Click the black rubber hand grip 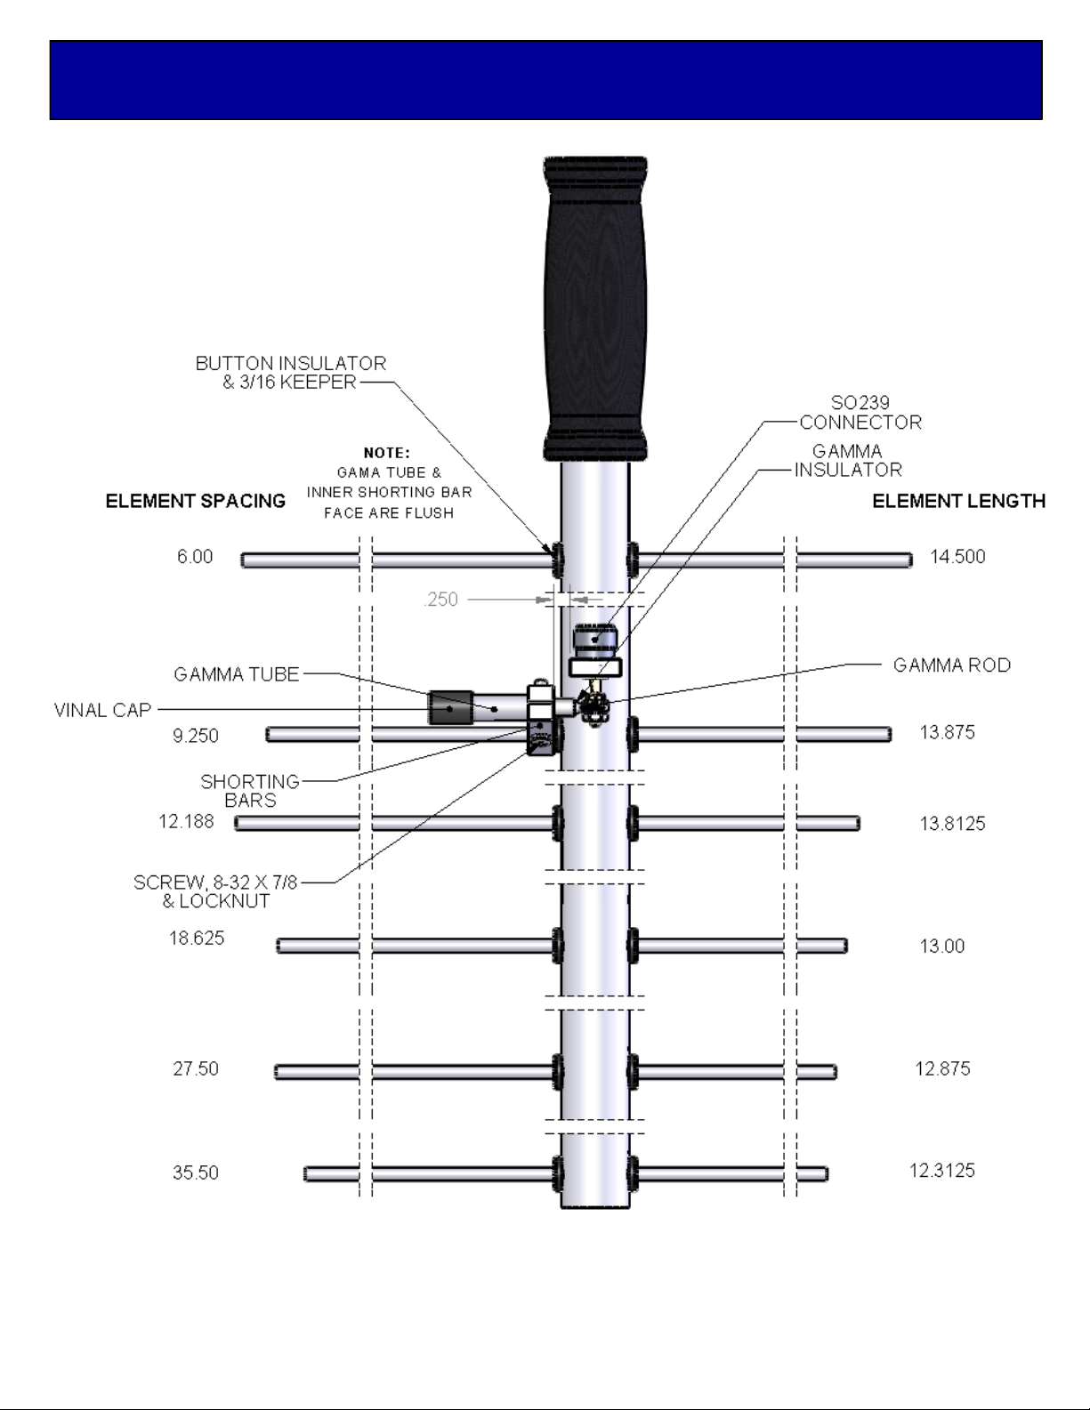click(x=595, y=309)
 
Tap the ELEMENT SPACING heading click(x=195, y=501)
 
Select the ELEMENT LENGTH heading click(x=958, y=501)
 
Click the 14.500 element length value click(x=957, y=557)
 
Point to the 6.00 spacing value click(x=195, y=557)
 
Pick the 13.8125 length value click(x=952, y=824)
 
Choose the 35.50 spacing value click(x=195, y=1172)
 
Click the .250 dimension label click(x=440, y=600)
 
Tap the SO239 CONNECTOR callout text click(x=860, y=413)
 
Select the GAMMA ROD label click(x=952, y=665)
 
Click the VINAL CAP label click(x=102, y=710)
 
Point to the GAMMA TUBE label click(x=236, y=675)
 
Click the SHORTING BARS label click(x=250, y=790)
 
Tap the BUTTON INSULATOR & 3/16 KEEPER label click(x=291, y=373)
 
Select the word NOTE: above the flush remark click(x=387, y=453)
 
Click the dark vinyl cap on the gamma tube click(x=450, y=707)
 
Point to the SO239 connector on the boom click(x=595, y=638)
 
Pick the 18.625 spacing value click(x=197, y=939)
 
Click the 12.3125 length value click(x=942, y=1171)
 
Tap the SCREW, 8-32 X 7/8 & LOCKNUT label click(x=215, y=891)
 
